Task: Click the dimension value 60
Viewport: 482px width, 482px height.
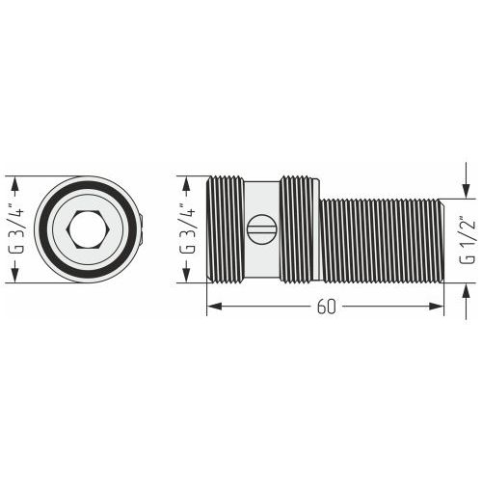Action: (x=326, y=307)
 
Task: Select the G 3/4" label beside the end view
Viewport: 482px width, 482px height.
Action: (x=15, y=230)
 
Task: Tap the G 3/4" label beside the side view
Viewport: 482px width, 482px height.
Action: (x=187, y=230)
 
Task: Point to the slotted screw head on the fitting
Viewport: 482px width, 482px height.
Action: (x=261, y=229)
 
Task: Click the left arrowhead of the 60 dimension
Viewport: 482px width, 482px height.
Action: (x=214, y=307)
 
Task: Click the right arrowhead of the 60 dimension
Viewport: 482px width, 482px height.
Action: (x=437, y=307)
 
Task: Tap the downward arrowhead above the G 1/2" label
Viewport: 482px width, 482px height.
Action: (x=467, y=191)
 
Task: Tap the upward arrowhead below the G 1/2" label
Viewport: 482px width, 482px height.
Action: (x=467, y=291)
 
